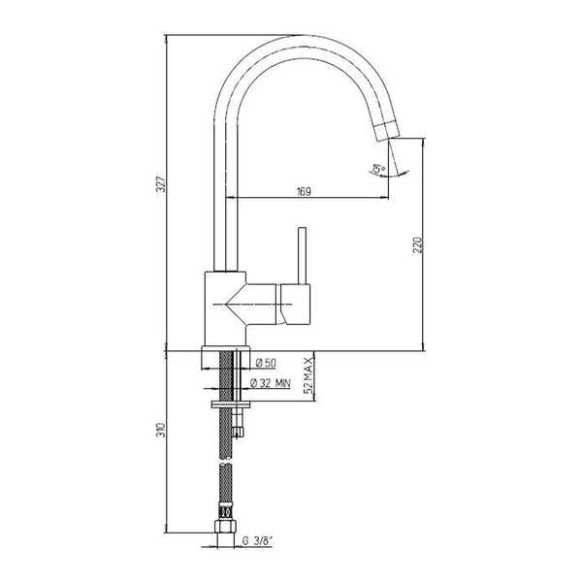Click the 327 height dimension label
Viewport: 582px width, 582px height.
click(161, 183)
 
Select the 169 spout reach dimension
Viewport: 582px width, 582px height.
click(304, 191)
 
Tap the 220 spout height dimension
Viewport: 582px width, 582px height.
click(417, 245)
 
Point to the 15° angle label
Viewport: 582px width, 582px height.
click(378, 169)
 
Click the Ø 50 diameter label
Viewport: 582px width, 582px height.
click(266, 363)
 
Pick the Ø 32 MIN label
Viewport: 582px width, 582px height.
click(271, 383)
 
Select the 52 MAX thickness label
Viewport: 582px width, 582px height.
click(308, 375)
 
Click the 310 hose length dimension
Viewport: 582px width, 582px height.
click(161, 430)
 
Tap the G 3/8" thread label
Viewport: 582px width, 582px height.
click(257, 541)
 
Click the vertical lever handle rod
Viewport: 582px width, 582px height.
click(303, 256)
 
